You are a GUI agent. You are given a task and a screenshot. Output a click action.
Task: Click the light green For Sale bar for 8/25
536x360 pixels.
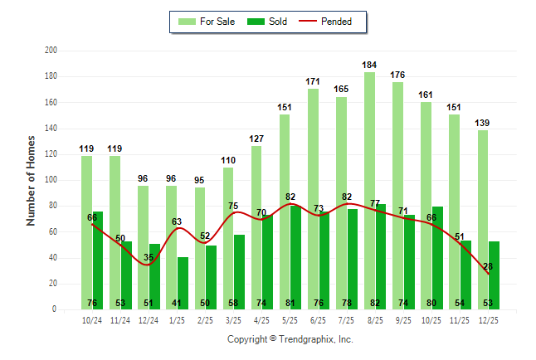[x=369, y=191]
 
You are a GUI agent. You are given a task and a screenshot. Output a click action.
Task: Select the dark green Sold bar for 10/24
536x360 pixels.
[x=97, y=260]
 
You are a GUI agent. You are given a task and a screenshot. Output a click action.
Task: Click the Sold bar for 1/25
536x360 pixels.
[x=183, y=283]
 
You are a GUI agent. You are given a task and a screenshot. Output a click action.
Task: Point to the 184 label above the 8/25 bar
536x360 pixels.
[x=370, y=65]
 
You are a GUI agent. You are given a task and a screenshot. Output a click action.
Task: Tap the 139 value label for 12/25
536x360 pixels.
[x=483, y=123]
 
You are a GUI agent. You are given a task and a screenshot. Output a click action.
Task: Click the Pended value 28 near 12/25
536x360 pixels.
[x=489, y=266]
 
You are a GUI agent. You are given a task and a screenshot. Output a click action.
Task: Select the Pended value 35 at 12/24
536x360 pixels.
[x=149, y=258]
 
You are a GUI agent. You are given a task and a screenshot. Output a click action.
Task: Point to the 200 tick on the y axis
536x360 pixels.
[x=51, y=51]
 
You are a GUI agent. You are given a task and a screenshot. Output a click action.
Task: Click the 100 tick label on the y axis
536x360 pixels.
[x=51, y=180]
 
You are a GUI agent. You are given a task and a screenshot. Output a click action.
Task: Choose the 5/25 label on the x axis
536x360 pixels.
[x=290, y=319]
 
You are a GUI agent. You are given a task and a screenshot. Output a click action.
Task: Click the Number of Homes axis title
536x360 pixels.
[x=32, y=180]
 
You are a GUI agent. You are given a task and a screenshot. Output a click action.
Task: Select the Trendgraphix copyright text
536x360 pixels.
[x=290, y=339]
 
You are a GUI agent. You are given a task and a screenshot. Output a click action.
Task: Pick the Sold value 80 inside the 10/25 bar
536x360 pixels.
[x=436, y=303]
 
